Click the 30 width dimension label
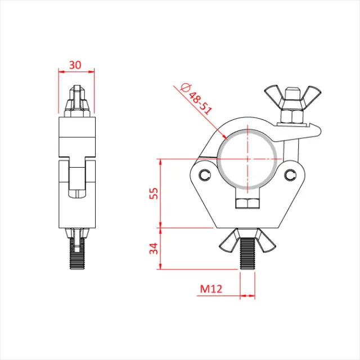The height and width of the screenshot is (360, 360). coord(75,65)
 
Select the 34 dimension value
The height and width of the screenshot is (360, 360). coord(153,249)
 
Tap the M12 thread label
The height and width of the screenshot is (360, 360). coord(211,289)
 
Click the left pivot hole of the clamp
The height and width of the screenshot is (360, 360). coord(204,174)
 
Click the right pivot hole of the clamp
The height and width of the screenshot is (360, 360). coord(291,174)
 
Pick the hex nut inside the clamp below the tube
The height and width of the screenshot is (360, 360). coord(247,202)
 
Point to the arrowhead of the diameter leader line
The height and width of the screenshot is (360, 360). coord(224,137)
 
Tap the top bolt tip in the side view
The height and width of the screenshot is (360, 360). coord(77,92)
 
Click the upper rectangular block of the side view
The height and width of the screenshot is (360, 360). coord(76,137)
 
